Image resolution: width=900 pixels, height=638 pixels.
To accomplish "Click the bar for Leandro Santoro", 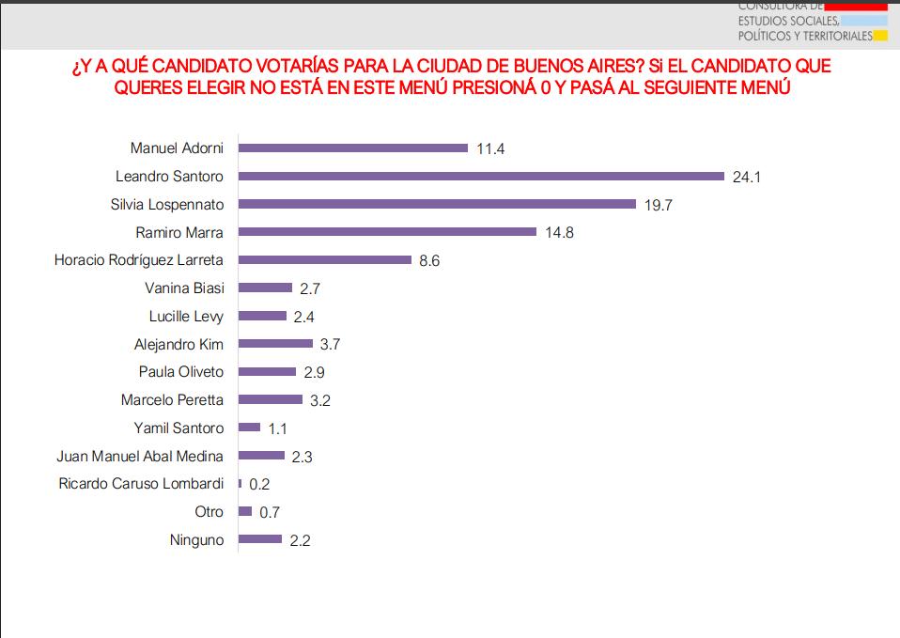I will tap(481, 176).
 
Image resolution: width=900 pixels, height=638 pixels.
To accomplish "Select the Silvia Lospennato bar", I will tap(438, 204).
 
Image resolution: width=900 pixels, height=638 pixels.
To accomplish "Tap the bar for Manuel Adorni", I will tap(353, 148).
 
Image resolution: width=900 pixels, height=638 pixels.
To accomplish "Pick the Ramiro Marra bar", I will tap(387, 232).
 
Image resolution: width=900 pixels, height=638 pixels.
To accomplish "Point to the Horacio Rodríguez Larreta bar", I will tap(325, 259).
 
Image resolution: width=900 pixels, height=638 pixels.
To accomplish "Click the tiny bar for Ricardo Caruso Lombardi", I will tap(241, 484).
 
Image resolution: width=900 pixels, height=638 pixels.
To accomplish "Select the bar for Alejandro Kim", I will tap(275, 344).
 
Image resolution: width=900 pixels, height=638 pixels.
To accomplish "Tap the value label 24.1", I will tap(747, 177).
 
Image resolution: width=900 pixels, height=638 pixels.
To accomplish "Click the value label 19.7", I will tap(658, 205).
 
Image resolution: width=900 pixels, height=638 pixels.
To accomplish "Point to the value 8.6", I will tap(429, 260).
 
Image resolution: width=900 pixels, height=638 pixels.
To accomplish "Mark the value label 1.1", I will tap(278, 428).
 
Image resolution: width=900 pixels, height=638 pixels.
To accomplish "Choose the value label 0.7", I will tap(270, 512).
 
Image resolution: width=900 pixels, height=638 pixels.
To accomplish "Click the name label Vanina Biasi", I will tap(184, 288).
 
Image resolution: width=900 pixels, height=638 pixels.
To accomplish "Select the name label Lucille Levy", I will tap(186, 316).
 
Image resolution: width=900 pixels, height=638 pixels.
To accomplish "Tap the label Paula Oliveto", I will tap(181, 372).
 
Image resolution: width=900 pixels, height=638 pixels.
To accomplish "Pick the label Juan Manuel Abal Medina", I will tap(140, 456).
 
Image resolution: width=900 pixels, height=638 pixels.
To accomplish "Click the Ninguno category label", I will tap(196, 540).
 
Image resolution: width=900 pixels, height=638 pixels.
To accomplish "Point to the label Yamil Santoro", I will tap(179, 428).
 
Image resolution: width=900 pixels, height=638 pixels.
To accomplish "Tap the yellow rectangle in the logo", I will tap(880, 37).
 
